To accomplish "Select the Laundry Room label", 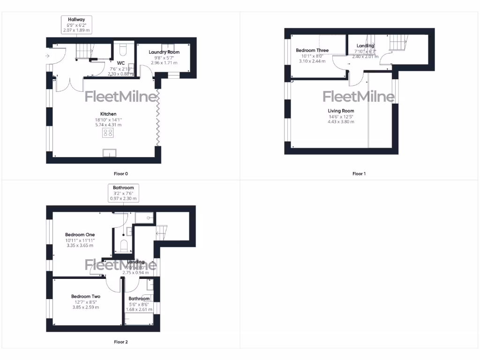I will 164,52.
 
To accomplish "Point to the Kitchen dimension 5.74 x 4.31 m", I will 108,125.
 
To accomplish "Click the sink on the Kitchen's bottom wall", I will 110,153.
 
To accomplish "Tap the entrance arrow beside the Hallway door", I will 47,56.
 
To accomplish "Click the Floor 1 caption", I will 359,174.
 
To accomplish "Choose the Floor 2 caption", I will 121,342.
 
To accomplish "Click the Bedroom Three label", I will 312,50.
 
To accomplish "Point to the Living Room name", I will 341,111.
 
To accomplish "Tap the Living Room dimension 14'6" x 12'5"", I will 341,116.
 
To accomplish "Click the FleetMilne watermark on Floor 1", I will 359,97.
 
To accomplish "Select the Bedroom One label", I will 80,235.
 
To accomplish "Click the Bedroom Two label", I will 86,296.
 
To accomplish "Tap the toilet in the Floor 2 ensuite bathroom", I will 124,245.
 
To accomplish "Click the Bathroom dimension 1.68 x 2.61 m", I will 139,309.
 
